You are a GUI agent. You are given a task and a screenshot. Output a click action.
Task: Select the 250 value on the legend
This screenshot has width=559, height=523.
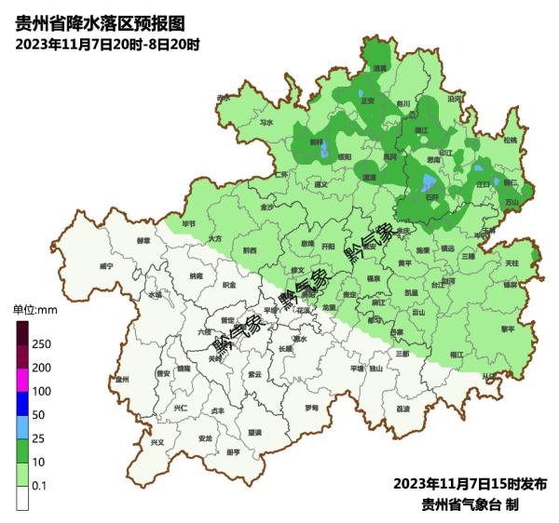[42, 344]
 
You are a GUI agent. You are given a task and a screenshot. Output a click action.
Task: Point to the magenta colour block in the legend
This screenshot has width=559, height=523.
[22, 380]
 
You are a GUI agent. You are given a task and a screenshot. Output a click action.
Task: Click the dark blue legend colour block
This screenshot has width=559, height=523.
[22, 403]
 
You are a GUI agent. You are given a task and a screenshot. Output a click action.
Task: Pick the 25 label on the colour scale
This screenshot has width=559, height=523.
[40, 438]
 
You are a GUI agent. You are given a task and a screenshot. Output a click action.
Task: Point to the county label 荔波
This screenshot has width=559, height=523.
[402, 408]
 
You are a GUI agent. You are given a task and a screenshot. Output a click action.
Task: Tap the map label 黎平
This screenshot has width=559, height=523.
[508, 329]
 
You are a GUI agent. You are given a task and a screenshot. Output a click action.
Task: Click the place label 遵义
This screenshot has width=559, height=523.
[321, 184]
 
